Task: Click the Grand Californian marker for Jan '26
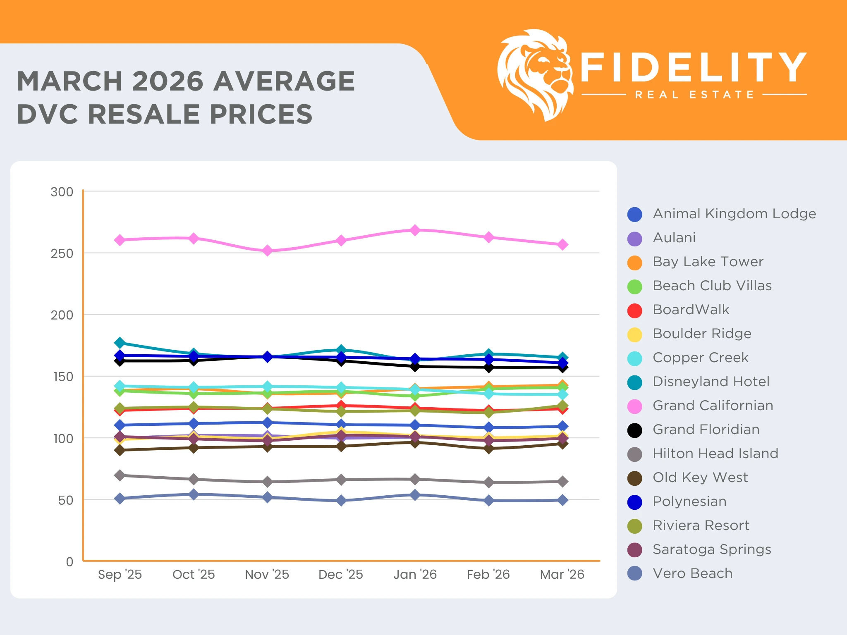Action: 415,230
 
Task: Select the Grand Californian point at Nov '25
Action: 267,251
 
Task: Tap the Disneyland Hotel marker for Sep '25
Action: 120,343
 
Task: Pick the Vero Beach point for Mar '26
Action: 562,500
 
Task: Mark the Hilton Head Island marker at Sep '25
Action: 120,475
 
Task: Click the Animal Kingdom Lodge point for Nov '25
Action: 267,423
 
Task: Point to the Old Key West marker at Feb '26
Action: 488,449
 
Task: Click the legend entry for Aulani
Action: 674,238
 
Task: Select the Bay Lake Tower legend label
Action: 708,262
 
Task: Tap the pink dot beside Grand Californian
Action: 634,406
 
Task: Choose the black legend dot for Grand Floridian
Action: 634,430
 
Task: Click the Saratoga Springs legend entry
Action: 711,549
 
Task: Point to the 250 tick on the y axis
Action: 62,253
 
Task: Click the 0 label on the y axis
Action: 69,562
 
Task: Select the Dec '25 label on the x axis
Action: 340,574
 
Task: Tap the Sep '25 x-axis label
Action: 120,574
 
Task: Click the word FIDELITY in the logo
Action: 693,67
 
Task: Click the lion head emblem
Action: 535,74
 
